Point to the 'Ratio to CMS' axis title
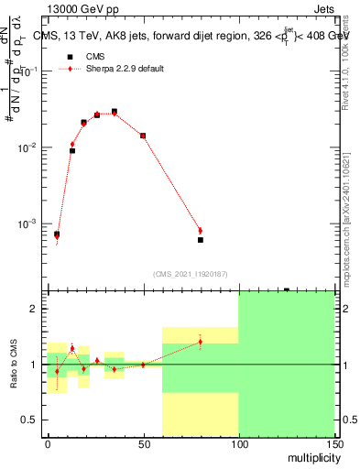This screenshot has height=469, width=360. point(14,365)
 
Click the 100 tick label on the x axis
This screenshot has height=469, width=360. point(238,443)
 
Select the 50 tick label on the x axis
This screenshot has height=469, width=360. point(143,443)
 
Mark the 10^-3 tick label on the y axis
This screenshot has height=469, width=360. point(28,224)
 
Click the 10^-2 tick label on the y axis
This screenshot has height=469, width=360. point(28,147)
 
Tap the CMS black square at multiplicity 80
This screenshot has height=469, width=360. point(200,240)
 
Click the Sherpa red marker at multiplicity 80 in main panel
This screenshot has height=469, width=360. point(200,231)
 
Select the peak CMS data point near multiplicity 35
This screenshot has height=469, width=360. point(114,112)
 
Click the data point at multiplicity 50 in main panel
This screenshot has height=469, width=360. point(143,136)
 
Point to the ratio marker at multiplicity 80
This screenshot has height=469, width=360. point(200,343)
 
